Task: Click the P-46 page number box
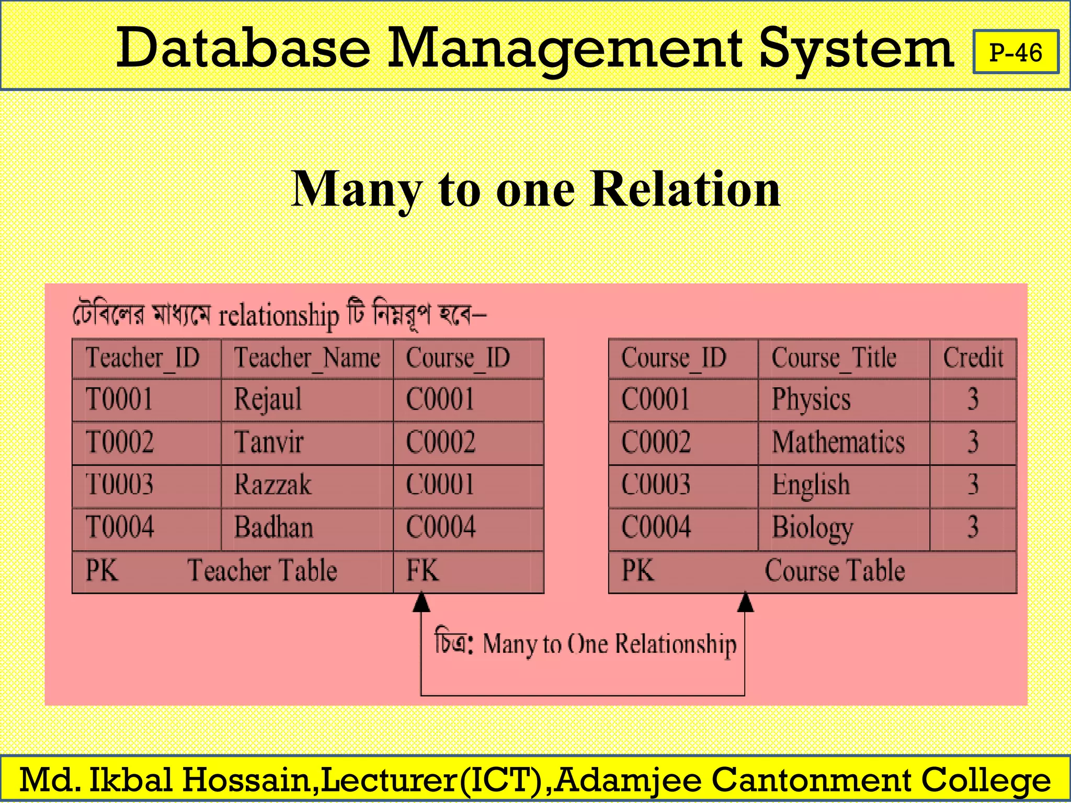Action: (1016, 52)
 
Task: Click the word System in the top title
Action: (857, 50)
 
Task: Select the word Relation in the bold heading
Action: (686, 189)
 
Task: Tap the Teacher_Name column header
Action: (307, 359)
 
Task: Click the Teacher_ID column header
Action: (143, 359)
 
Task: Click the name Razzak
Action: (272, 485)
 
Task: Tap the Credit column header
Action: (973, 359)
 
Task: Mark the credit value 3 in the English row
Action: (973, 485)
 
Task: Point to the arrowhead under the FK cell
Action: (421, 602)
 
